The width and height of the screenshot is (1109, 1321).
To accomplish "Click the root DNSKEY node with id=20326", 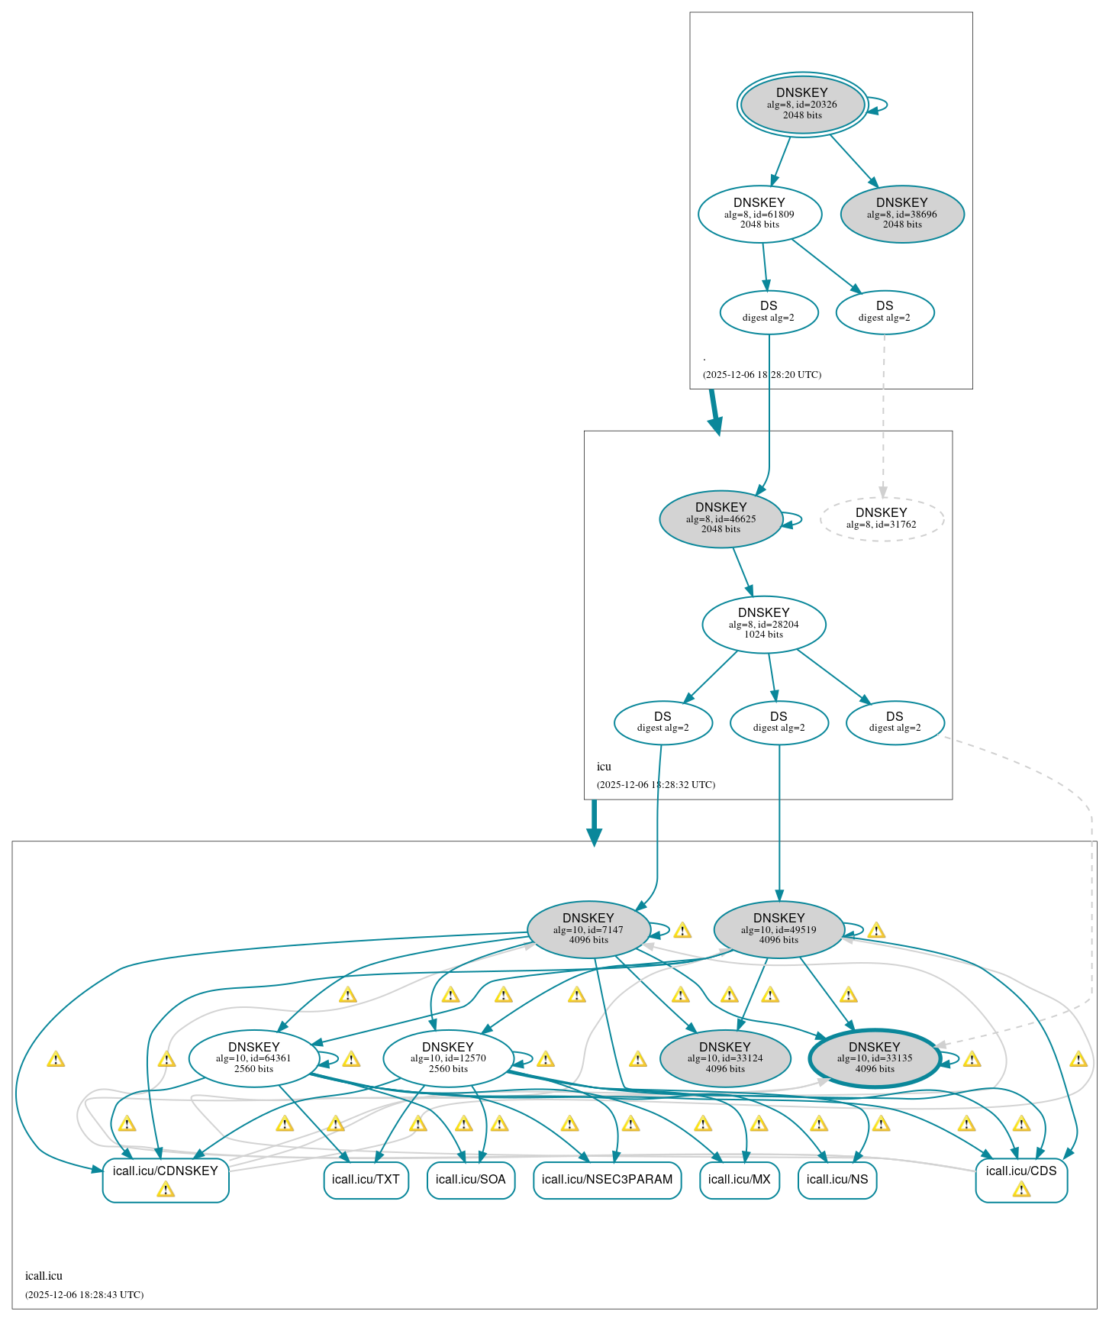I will pos(801,105).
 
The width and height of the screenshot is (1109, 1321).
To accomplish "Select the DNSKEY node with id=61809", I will pos(759,214).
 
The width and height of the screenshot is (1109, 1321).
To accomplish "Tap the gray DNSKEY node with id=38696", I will pos(902,214).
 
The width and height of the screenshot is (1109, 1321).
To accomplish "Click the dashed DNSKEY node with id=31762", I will pos(882,518).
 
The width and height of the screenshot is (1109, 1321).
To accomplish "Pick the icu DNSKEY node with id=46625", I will pos(721,518).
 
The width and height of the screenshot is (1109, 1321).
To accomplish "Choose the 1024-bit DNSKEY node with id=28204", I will pos(763,624).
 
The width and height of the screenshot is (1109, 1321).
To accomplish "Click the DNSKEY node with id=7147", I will pos(588,929).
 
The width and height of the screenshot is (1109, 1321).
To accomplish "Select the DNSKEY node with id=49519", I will pos(779,929).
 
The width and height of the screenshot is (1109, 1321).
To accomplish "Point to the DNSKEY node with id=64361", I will pos(253,1058).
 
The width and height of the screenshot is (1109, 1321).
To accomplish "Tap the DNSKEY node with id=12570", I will pos(448,1058).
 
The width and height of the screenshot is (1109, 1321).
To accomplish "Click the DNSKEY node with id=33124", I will pos(724,1058).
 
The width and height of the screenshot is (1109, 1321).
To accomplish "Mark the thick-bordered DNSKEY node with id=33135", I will pos(875,1058).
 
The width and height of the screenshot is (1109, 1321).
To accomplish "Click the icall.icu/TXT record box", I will pos(366,1180).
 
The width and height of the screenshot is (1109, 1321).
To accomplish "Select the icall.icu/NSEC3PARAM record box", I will pos(607,1180).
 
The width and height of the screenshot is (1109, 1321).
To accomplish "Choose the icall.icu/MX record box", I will pos(739,1180).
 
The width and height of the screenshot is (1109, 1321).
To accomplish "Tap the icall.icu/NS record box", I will pos(837,1180).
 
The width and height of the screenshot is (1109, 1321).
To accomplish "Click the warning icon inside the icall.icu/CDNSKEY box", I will pos(166,1190).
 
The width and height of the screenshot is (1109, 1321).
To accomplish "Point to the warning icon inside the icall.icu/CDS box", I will pos(1021,1190).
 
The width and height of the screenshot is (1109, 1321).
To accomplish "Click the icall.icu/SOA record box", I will pos(470,1180).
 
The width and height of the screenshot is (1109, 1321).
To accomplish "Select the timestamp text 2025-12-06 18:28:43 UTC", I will pos(84,1295).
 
